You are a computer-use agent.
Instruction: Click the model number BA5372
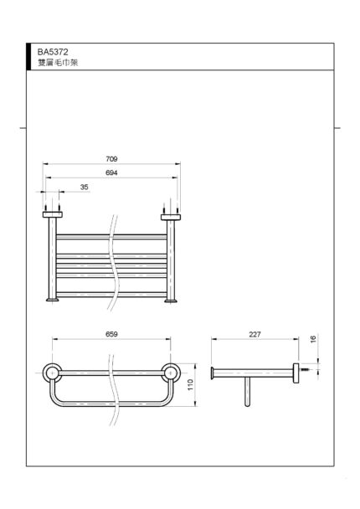(53, 52)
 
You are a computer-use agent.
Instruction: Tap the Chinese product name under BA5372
(58, 63)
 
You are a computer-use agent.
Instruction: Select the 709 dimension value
(111, 159)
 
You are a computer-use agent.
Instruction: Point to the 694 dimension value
(111, 173)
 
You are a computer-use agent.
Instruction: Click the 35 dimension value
(84, 188)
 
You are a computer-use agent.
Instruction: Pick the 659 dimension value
(111, 334)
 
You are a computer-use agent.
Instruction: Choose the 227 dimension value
(255, 334)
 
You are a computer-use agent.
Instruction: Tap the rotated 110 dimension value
(190, 384)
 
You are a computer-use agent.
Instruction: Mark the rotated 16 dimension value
(313, 340)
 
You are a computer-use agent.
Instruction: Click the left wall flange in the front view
(53, 214)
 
